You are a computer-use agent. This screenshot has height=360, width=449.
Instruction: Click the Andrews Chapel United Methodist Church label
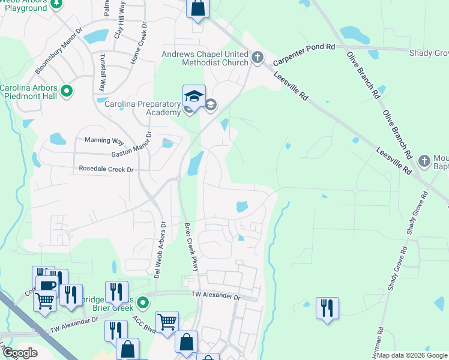(205, 58)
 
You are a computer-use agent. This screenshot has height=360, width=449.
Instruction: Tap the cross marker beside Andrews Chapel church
(258, 58)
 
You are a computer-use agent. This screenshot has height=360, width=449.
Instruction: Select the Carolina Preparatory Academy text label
(143, 108)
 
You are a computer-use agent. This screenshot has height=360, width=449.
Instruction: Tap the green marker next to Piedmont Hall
(67, 92)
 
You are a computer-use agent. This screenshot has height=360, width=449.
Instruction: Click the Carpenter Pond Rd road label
(304, 55)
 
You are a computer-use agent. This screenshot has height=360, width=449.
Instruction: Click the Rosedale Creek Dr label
(106, 170)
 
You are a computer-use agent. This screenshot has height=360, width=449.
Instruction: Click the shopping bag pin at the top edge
(198, 8)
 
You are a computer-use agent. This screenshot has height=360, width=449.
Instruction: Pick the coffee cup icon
(46, 285)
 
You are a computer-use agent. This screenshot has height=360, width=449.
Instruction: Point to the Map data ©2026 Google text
(412, 355)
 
